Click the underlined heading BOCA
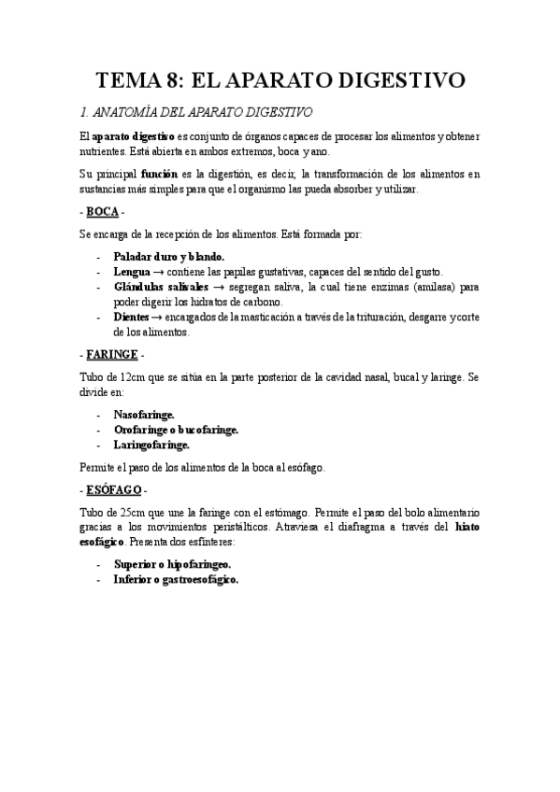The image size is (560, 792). [x=102, y=212]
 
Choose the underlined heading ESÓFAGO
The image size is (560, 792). [x=113, y=489]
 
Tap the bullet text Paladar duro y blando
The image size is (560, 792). [x=168, y=256]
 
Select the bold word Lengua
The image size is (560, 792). [x=132, y=271]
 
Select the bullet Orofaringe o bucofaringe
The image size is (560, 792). [x=176, y=430]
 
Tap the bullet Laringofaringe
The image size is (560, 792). [x=151, y=445]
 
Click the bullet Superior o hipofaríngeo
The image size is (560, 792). [x=172, y=564]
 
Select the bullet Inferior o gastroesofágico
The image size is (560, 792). [x=176, y=579]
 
